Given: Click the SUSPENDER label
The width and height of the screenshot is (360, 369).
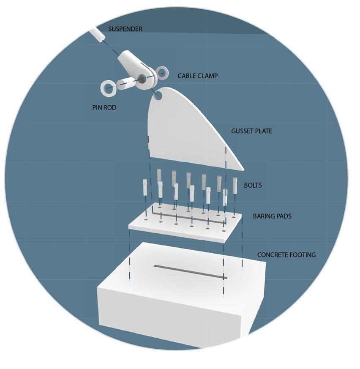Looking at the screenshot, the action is click(125, 29).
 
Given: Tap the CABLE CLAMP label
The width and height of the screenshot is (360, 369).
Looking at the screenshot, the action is click(198, 76).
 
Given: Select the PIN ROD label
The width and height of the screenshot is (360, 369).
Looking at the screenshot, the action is click(104, 108).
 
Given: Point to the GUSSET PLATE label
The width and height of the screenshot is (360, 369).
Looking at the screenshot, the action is click(251, 131).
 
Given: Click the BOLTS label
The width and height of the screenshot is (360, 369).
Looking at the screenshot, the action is click(253, 185).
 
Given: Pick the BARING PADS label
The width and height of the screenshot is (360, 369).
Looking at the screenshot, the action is click(272, 216).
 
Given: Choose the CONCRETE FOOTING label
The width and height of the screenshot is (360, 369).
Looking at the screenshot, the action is click(286, 255).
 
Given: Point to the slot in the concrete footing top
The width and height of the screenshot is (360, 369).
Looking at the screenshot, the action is click(190, 272).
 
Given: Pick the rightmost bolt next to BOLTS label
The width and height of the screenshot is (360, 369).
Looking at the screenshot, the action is click(235, 185).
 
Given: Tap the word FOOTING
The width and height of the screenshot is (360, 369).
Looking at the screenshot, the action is click(302, 255).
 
